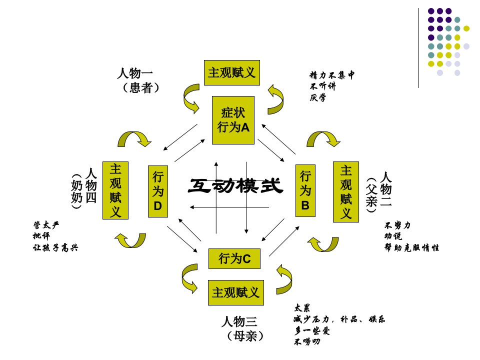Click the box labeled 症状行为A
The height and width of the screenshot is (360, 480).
point(233,120)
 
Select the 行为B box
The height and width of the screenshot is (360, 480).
point(305,190)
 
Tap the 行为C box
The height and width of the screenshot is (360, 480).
point(234,258)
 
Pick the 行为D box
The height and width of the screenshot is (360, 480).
point(157,191)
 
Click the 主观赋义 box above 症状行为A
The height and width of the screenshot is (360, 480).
point(231,72)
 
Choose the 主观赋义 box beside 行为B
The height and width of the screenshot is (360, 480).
point(346,192)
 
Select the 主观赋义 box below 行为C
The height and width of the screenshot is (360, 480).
point(235,292)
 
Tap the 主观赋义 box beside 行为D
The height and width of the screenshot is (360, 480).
point(115,190)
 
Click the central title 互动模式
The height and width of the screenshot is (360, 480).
point(235,186)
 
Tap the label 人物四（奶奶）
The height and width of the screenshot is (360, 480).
point(84,189)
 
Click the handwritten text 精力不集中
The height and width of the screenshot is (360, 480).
point(332,75)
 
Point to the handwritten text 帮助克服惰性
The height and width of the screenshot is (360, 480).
point(411,247)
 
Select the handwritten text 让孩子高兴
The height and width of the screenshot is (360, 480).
point(55,247)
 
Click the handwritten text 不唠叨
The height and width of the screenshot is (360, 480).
point(306,341)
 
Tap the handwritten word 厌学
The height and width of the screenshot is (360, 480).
point(317,97)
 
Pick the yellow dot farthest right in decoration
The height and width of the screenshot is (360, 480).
point(466,28)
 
